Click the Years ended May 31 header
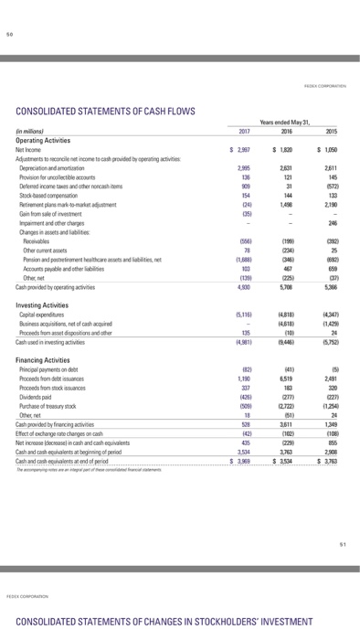[287, 122]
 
